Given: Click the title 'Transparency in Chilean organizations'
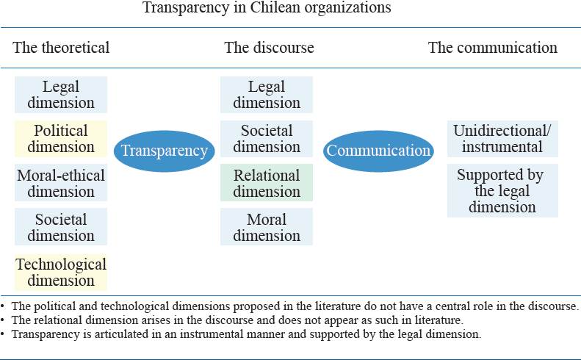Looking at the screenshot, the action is pyautogui.click(x=266, y=9).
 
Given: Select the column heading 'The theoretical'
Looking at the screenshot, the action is pyautogui.click(x=61, y=48).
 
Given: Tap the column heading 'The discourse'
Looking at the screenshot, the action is pyautogui.click(x=269, y=48).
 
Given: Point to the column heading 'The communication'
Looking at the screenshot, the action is pyautogui.click(x=493, y=48).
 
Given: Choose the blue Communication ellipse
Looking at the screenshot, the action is pyautogui.click(x=378, y=151).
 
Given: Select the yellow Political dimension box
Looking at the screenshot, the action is pyautogui.click(x=61, y=139).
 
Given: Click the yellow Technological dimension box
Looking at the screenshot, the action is pyautogui.click(x=61, y=272).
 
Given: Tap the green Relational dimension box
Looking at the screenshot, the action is pyautogui.click(x=267, y=183).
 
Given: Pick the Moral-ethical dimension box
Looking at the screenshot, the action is pyautogui.click(x=61, y=183).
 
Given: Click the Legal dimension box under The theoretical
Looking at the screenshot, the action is pyautogui.click(x=61, y=95).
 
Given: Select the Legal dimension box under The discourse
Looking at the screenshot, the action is pyautogui.click(x=267, y=95).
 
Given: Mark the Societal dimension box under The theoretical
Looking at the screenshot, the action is pyautogui.click(x=61, y=227).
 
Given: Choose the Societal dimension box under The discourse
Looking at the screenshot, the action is pyautogui.click(x=267, y=139).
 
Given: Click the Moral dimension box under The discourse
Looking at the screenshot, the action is pyautogui.click(x=267, y=227).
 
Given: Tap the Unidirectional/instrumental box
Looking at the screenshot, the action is pyautogui.click(x=502, y=139).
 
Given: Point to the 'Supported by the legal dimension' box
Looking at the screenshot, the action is pyautogui.click(x=502, y=190).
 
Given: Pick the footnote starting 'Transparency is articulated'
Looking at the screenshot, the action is pyautogui.click(x=242, y=334).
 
